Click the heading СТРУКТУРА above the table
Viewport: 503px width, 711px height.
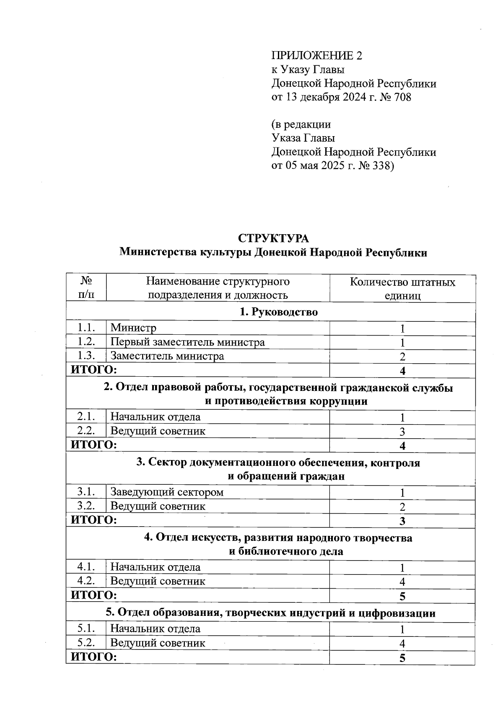[x=273, y=238]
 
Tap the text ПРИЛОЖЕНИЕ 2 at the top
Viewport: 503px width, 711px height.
[x=316, y=56]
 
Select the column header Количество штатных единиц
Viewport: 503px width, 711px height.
[x=402, y=289]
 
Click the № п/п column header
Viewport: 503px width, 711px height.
[x=86, y=288]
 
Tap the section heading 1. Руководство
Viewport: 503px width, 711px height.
[x=278, y=312]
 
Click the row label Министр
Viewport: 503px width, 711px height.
[x=133, y=328]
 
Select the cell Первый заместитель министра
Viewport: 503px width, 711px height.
[x=187, y=342]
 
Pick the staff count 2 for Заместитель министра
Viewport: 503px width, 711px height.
[x=402, y=357]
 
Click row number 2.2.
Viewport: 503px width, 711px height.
[x=86, y=431]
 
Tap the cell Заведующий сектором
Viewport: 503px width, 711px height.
[x=166, y=492]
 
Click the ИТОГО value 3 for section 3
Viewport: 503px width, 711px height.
[x=402, y=521]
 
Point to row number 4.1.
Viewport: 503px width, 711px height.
[x=86, y=567]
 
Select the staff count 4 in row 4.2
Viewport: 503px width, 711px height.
[x=402, y=582]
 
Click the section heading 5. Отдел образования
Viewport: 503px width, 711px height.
[x=270, y=613]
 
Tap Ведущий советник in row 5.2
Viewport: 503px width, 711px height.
[x=158, y=643]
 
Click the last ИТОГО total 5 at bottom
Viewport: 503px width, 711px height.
[x=402, y=658]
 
